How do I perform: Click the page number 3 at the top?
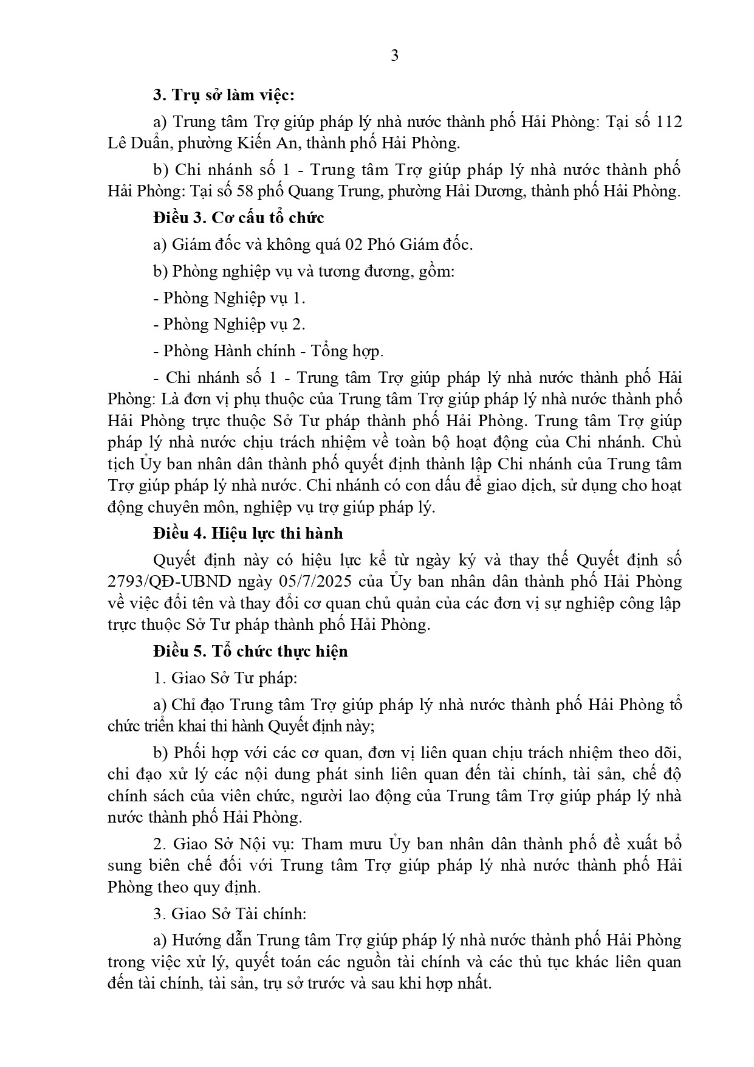click(395, 56)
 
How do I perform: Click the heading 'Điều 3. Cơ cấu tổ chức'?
click(239, 218)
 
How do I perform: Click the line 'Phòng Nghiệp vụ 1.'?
click(234, 298)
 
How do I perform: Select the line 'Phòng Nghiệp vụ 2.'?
click(234, 324)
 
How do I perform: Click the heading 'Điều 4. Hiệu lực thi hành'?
click(248, 533)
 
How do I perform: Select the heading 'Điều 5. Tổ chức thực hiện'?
click(250, 651)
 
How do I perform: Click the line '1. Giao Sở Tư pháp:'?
click(225, 678)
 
